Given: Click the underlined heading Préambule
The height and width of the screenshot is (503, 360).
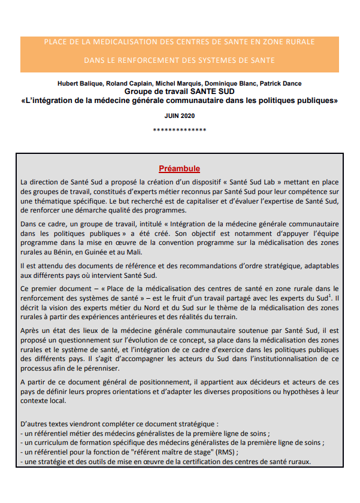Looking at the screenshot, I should (x=179, y=169).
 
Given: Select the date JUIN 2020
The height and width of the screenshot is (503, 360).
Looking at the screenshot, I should (x=179, y=115).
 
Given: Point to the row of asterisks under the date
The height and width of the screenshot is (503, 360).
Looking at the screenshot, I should (x=179, y=130).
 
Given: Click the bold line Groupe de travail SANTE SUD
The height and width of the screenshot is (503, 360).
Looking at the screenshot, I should (x=179, y=91).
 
